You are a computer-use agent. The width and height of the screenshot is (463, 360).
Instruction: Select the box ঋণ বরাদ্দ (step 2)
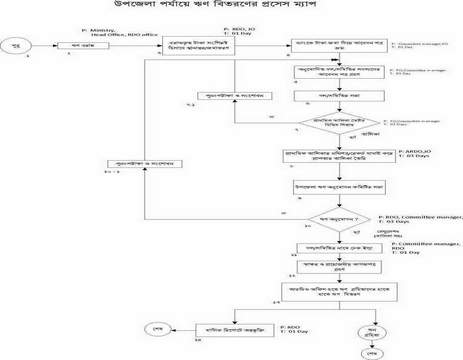78,46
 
